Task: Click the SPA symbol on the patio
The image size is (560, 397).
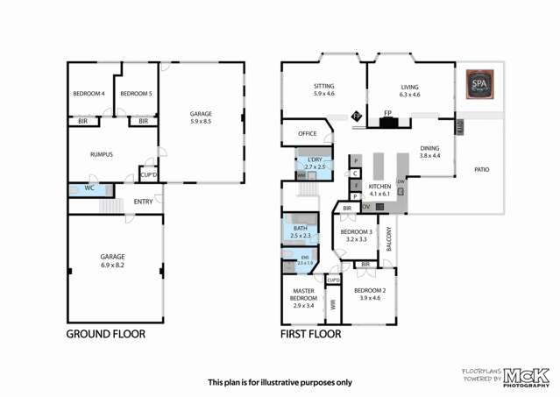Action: (479, 86)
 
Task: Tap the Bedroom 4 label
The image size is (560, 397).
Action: (88, 94)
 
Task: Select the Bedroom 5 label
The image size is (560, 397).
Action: (136, 94)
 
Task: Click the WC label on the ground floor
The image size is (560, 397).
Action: (89, 188)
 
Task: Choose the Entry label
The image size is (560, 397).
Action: (143, 202)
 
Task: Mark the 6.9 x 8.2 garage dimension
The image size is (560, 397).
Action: (112, 264)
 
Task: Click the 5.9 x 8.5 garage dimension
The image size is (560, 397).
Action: (201, 122)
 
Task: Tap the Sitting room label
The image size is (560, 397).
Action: (324, 87)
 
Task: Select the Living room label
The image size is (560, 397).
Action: (410, 87)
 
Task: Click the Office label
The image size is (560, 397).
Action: (307, 133)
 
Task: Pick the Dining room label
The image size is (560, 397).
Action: (429, 148)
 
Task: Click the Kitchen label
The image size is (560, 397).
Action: (379, 187)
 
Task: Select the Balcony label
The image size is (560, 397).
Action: (389, 239)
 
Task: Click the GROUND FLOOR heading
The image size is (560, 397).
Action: (106, 334)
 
